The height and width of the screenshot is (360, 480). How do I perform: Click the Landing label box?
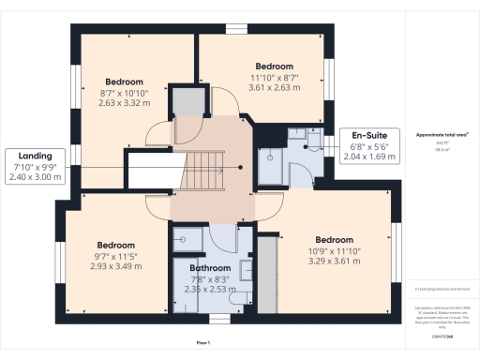(x=35, y=166)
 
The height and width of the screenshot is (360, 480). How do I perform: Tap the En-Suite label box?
(x=368, y=145)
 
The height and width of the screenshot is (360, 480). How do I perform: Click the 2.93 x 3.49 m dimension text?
(x=116, y=266)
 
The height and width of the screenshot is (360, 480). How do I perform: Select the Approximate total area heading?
(x=442, y=135)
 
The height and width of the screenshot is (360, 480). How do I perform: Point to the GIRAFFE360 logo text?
(x=442, y=322)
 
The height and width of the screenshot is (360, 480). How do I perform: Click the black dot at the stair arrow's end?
(x=241, y=168)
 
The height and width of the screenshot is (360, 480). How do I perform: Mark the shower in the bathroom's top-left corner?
(x=184, y=238)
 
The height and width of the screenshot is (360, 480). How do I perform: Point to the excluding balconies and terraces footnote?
(x=442, y=289)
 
